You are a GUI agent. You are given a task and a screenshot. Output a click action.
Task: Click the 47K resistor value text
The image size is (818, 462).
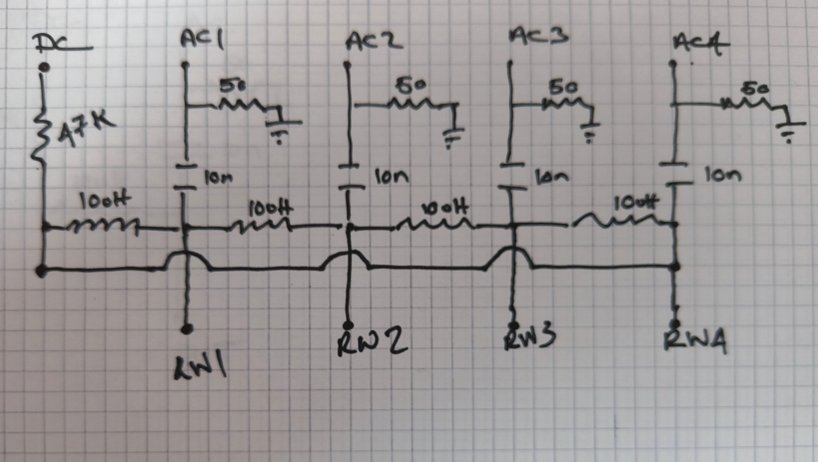click(x=85, y=129)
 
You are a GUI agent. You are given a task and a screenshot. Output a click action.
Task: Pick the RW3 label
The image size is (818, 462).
click(x=530, y=338)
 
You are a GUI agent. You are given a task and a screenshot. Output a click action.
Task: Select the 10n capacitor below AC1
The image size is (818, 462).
click(x=186, y=176)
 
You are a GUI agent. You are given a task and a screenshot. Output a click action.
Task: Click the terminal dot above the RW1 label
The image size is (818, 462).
click(x=186, y=328)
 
